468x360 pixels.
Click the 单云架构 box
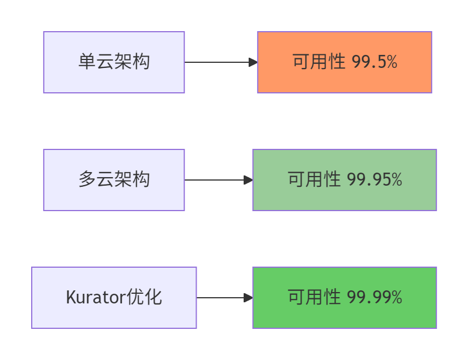114,62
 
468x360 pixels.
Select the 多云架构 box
114,180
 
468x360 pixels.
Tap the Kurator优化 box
114,298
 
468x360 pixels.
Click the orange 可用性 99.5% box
344,62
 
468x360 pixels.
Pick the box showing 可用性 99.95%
344,180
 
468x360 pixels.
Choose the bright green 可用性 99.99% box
344,298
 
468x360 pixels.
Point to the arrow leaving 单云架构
218,62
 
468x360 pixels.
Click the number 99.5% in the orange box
375,62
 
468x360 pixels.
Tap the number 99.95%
375,180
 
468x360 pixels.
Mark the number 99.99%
375,298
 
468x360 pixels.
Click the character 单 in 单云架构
87,62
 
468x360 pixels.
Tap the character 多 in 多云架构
87,180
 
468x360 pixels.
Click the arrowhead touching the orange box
253,62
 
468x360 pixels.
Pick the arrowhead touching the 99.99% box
248,298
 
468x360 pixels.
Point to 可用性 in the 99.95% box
314,180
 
